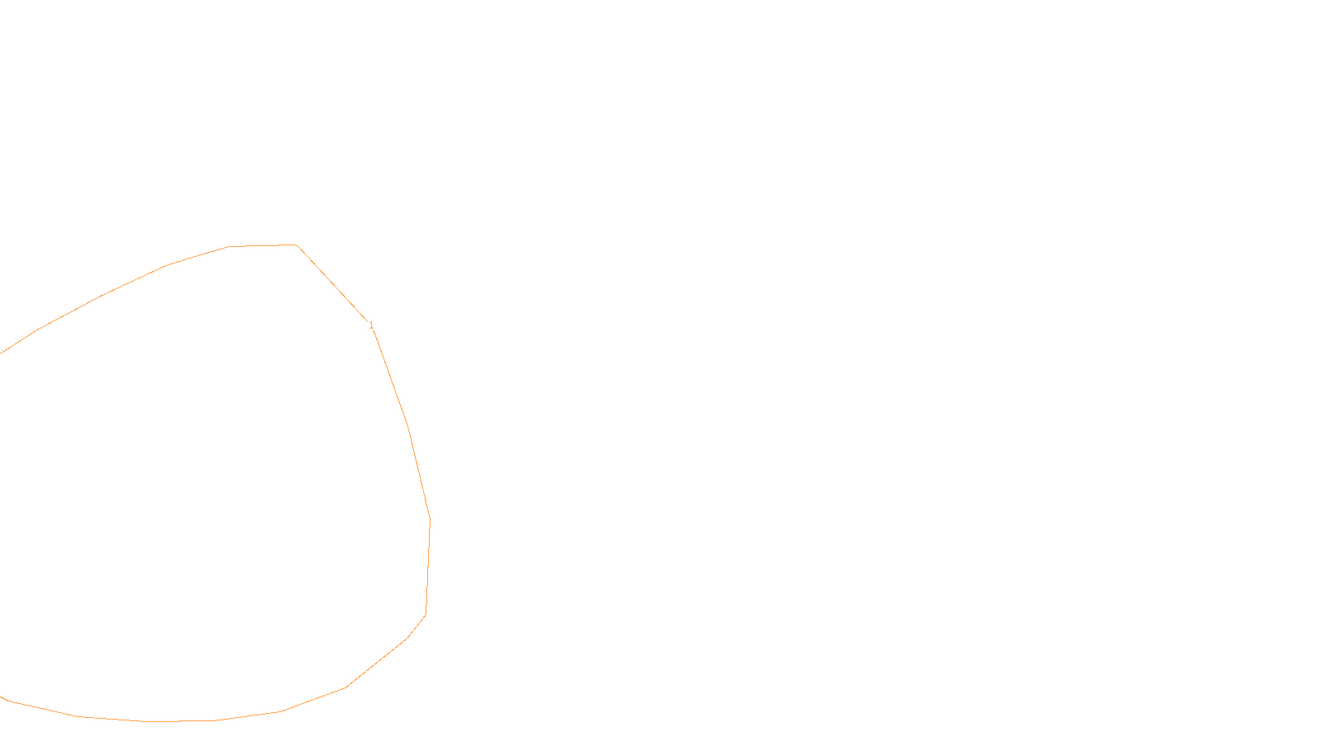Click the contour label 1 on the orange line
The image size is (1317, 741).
[x=371, y=325]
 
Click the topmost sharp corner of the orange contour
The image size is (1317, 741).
[x=296, y=245]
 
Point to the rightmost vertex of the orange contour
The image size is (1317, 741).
[x=430, y=520]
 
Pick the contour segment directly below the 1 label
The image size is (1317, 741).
[x=390, y=377]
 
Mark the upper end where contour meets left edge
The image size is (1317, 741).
[x=2, y=352]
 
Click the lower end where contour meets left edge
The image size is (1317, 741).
[x=2, y=697]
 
